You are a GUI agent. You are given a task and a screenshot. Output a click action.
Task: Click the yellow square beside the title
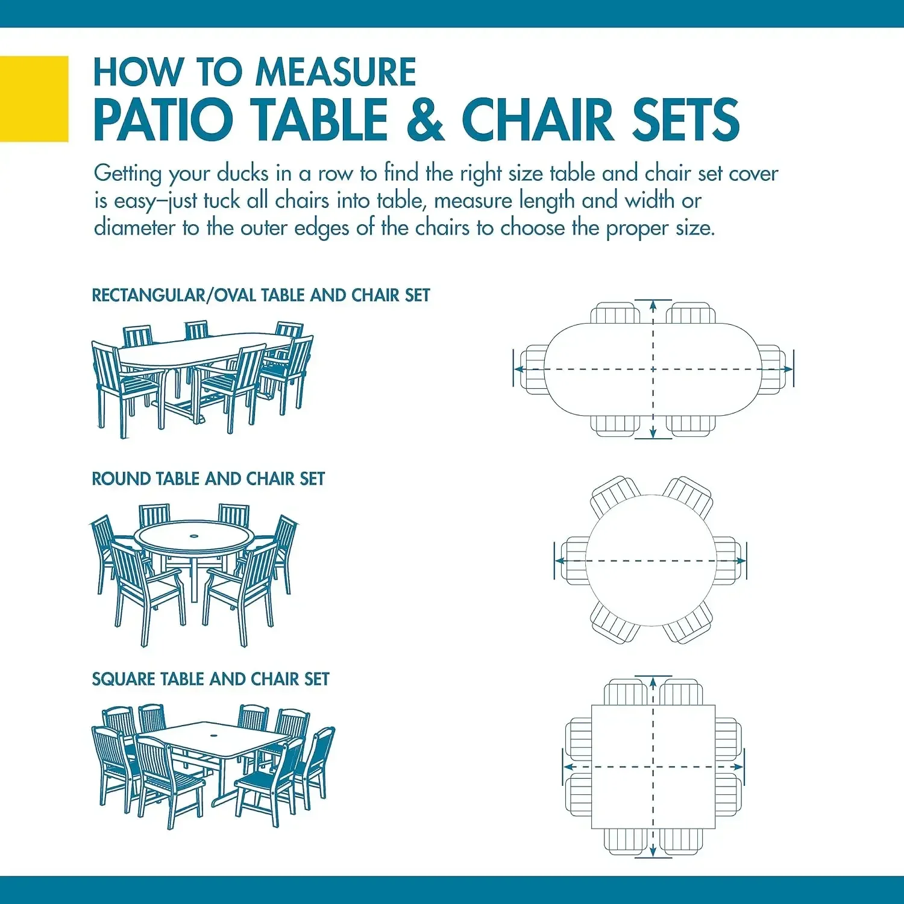tap(34, 99)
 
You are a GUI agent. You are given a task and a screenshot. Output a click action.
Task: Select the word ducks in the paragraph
tap(242, 174)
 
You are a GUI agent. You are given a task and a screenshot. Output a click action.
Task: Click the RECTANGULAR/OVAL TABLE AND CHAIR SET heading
tap(260, 295)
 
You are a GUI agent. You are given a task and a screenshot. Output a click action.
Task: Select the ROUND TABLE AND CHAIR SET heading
tap(208, 479)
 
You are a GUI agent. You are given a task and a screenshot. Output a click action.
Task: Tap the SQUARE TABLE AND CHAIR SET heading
tap(210, 679)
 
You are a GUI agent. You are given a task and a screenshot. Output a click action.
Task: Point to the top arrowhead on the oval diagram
tap(653, 305)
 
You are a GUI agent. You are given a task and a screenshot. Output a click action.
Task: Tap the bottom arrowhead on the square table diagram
tap(653, 852)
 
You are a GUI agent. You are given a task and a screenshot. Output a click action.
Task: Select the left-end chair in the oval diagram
tap(533, 369)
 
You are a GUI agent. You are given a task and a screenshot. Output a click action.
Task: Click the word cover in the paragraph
tap(753, 174)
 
